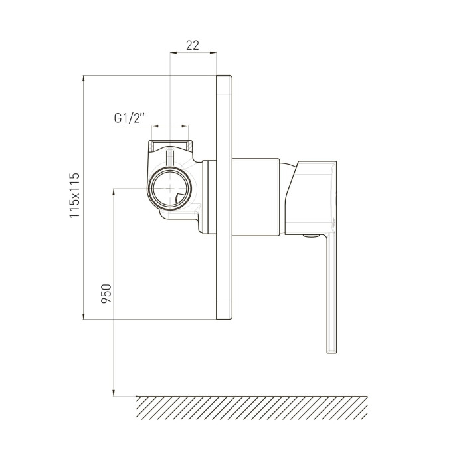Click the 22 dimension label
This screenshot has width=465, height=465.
[193, 45]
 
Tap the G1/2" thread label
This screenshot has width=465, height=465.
[130, 118]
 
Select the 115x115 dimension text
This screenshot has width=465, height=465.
[74, 195]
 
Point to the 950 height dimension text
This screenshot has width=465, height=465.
[106, 294]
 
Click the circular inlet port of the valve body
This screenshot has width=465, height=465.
[169, 189]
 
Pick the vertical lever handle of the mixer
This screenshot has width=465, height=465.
[332, 293]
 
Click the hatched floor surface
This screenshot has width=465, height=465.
[252, 408]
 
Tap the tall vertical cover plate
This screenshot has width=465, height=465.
[224, 197]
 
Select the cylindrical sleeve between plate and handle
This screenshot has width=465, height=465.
[256, 197]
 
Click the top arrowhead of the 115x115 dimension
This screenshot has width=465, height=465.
[83, 78]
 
